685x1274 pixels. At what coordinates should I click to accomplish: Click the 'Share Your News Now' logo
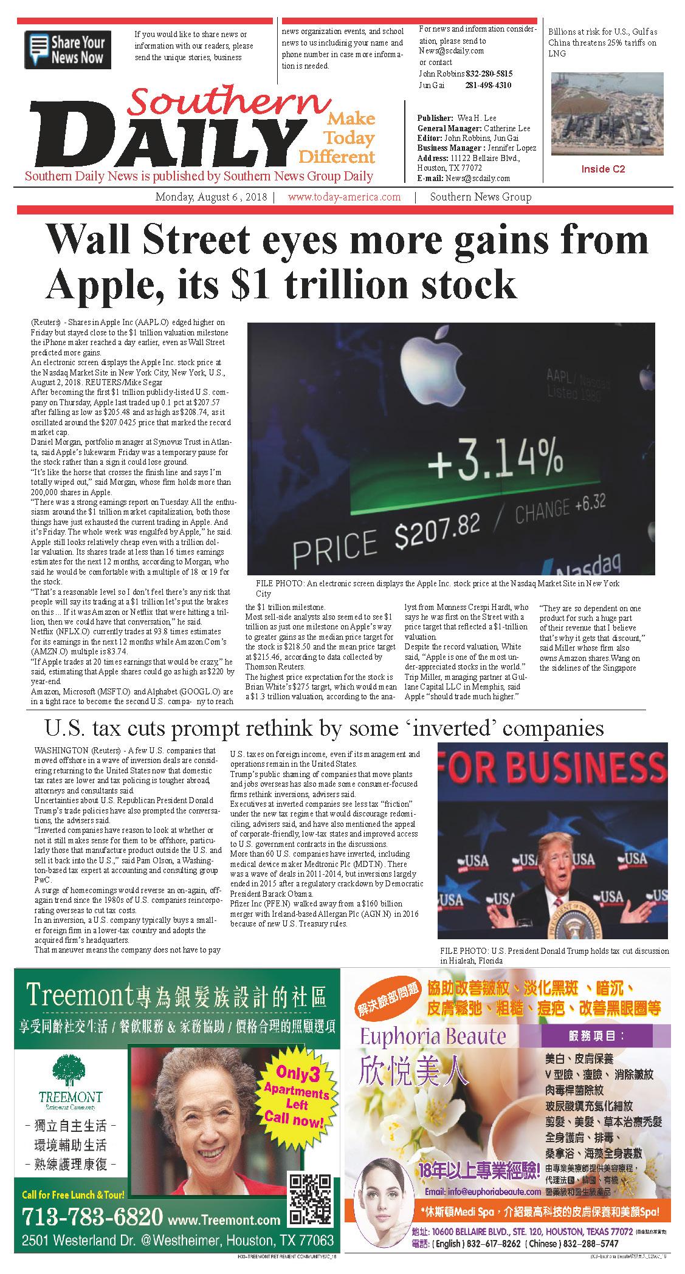pos(67,50)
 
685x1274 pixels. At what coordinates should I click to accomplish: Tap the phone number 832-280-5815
pos(489,74)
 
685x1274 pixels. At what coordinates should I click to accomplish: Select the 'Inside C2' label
pos(602,169)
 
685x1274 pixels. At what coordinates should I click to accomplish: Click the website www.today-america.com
pos(344,197)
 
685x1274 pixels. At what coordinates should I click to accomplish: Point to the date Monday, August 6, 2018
pos(211,197)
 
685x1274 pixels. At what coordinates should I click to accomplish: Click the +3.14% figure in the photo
pos(495,457)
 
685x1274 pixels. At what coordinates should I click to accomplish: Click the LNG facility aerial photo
pos(607,114)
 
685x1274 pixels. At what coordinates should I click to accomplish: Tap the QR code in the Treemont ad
pos(310,1200)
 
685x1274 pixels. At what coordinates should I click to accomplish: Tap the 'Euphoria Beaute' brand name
pos(433,1036)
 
